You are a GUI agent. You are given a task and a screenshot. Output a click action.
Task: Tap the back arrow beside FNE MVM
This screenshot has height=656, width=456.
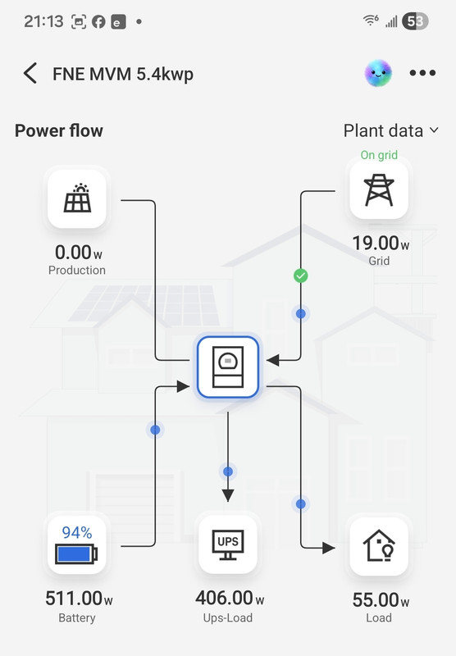30,74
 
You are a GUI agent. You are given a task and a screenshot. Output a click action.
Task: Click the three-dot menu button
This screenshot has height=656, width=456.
422,73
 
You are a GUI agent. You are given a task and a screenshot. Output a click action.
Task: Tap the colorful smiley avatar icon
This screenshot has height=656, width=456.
378,73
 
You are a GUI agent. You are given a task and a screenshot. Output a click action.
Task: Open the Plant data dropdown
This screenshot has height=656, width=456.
390,130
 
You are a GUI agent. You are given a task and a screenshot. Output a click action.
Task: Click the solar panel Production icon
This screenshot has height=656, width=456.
77,198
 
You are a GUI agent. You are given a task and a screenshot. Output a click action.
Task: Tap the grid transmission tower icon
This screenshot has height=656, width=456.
379,190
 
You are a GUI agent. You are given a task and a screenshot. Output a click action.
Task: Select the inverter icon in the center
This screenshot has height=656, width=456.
228,367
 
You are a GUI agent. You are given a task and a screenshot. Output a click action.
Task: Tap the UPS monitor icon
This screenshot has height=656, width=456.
228,544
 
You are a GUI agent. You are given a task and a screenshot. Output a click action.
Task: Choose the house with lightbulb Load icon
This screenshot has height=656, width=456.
379,546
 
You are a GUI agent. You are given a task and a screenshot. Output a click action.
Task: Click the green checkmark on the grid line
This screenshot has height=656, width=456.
301,276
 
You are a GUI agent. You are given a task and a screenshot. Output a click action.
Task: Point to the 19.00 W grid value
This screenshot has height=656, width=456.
381,243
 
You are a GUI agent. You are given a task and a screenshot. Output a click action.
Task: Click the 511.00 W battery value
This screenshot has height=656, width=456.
79,599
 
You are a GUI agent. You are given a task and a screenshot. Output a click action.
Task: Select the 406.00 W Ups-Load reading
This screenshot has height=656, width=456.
230,598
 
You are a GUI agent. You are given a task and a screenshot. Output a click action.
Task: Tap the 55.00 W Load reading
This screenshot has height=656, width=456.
381,600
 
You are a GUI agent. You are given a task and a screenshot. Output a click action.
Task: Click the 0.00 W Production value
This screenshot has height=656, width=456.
79,253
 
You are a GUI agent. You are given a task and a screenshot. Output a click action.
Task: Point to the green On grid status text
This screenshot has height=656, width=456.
379,155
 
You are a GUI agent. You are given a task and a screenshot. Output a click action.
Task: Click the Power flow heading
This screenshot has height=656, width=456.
59,130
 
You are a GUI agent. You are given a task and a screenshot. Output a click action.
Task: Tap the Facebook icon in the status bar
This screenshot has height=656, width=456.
98,22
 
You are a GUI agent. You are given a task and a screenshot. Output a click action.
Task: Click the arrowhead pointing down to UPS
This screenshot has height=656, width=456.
228,496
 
